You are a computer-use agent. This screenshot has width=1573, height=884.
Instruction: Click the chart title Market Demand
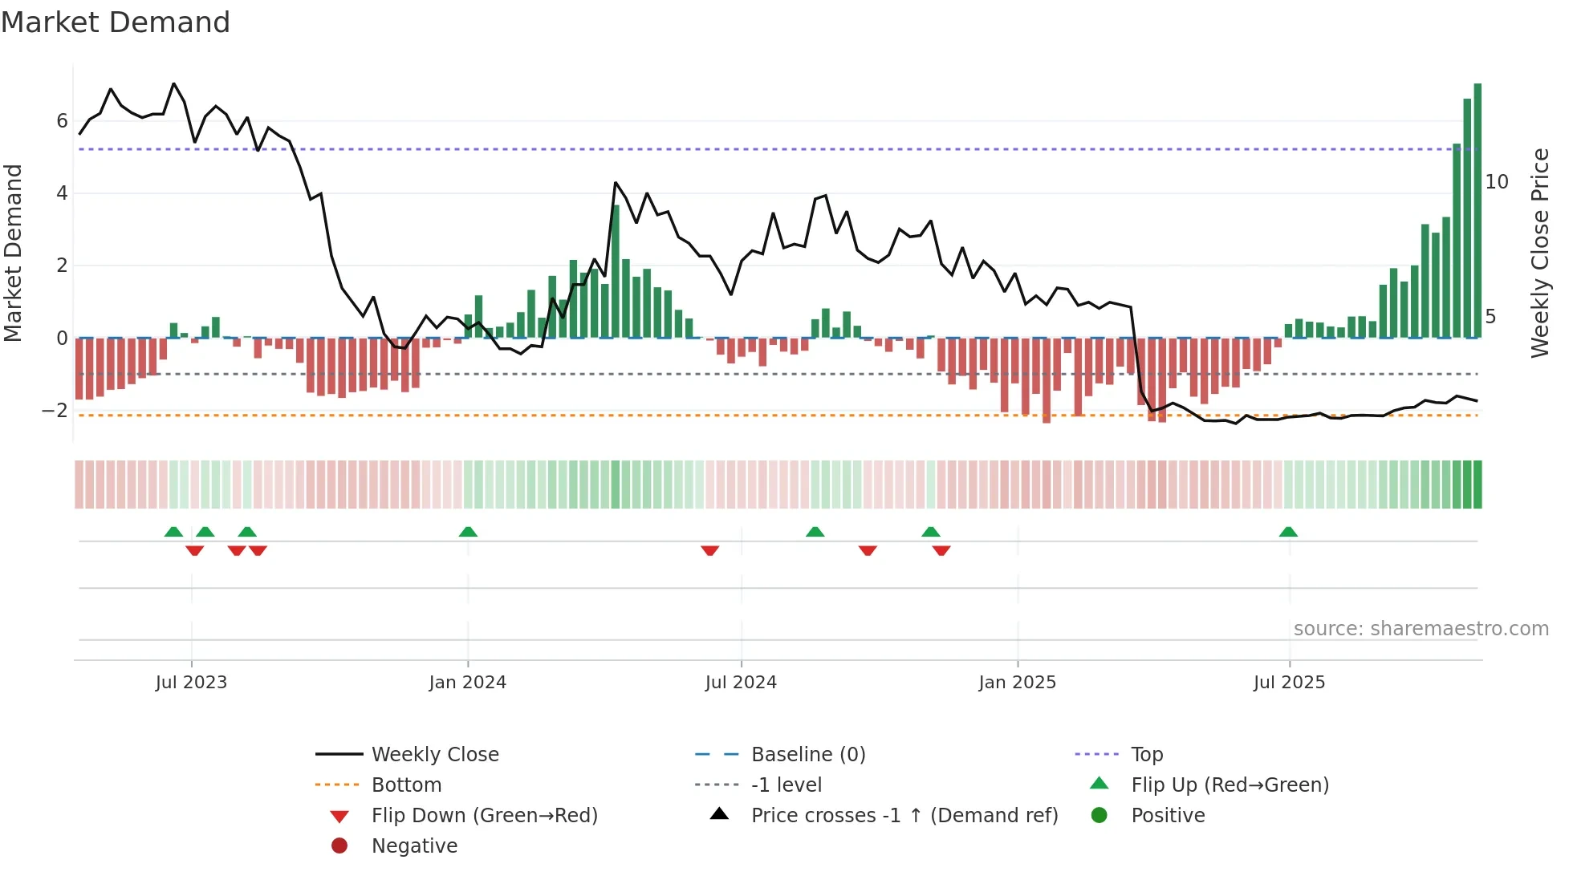[116, 22]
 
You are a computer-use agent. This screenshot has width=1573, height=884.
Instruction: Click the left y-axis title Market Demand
[14, 253]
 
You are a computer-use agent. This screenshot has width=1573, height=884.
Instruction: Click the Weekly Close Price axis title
[1539, 253]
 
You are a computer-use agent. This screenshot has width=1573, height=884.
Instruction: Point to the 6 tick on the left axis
[62, 121]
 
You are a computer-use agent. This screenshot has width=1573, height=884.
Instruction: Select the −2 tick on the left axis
[55, 411]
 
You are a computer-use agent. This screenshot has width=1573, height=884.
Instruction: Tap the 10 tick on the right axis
[1497, 182]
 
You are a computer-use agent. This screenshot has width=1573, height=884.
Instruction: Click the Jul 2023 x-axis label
[191, 683]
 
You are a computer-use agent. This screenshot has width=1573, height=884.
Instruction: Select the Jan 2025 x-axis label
[1017, 683]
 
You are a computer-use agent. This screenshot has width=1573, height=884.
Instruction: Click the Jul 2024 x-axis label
[741, 683]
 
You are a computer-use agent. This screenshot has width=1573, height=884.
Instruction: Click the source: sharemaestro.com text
[1421, 629]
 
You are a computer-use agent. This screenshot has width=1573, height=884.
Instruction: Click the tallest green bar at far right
[1477, 210]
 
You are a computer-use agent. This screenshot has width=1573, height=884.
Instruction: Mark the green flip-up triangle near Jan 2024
[468, 532]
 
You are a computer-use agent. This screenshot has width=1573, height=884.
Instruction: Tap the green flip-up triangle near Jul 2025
[1288, 532]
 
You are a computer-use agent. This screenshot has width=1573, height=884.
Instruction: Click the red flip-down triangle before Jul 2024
[709, 550]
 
